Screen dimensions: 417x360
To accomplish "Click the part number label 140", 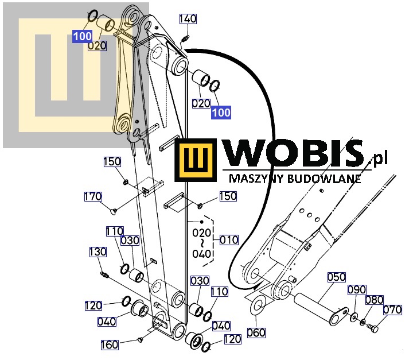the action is (x=188, y=19).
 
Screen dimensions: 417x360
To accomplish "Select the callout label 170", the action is (x=93, y=196).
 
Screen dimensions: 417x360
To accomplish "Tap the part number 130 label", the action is (x=98, y=252).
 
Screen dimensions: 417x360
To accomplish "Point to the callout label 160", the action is (x=110, y=345).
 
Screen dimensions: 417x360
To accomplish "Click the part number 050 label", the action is (x=337, y=277).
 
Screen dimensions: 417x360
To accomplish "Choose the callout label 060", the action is (x=256, y=333).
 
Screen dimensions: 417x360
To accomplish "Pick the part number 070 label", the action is (x=392, y=309).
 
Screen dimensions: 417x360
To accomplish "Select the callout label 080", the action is (x=374, y=300).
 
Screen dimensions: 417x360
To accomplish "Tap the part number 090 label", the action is (x=357, y=290).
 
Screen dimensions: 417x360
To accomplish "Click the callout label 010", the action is (x=229, y=240).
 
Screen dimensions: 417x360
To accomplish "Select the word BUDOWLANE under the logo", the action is (x=325, y=179).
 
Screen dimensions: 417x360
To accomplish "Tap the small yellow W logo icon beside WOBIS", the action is (x=196, y=160).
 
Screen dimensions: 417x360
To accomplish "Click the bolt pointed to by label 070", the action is (x=372, y=327).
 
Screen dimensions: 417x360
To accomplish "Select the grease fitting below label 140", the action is (x=185, y=39).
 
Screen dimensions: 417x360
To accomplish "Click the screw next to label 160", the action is (x=141, y=339).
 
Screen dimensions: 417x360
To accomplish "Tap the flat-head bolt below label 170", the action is (x=114, y=211).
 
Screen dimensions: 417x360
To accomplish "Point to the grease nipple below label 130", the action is (x=104, y=274).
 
